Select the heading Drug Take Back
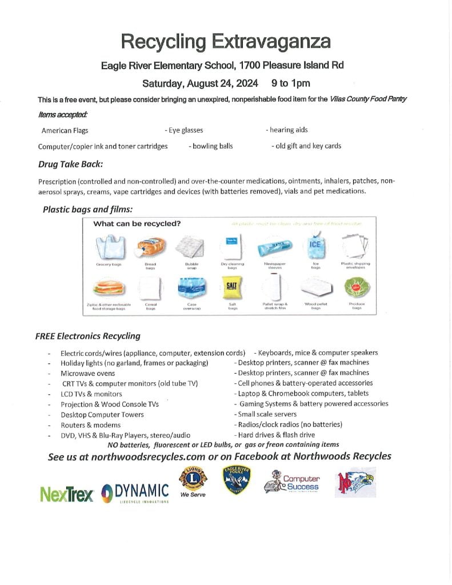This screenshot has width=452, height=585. [x=70, y=165]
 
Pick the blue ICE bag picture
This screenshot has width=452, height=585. [x=315, y=246]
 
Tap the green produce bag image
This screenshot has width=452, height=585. [x=357, y=287]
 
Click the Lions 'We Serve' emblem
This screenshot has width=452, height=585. [x=193, y=480]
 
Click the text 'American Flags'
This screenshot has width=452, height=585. [x=65, y=130]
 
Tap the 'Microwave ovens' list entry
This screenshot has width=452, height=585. [x=87, y=373]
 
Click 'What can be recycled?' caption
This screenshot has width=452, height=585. [x=137, y=223]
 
